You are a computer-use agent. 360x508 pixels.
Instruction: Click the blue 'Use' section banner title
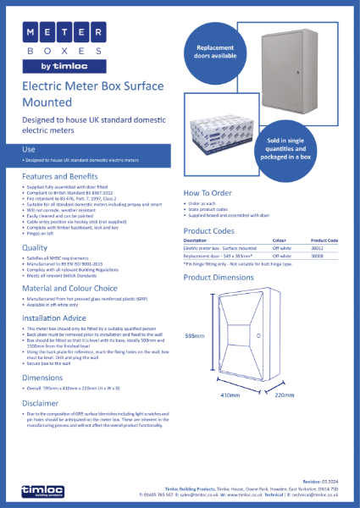pyautogui.click(x=29, y=149)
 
